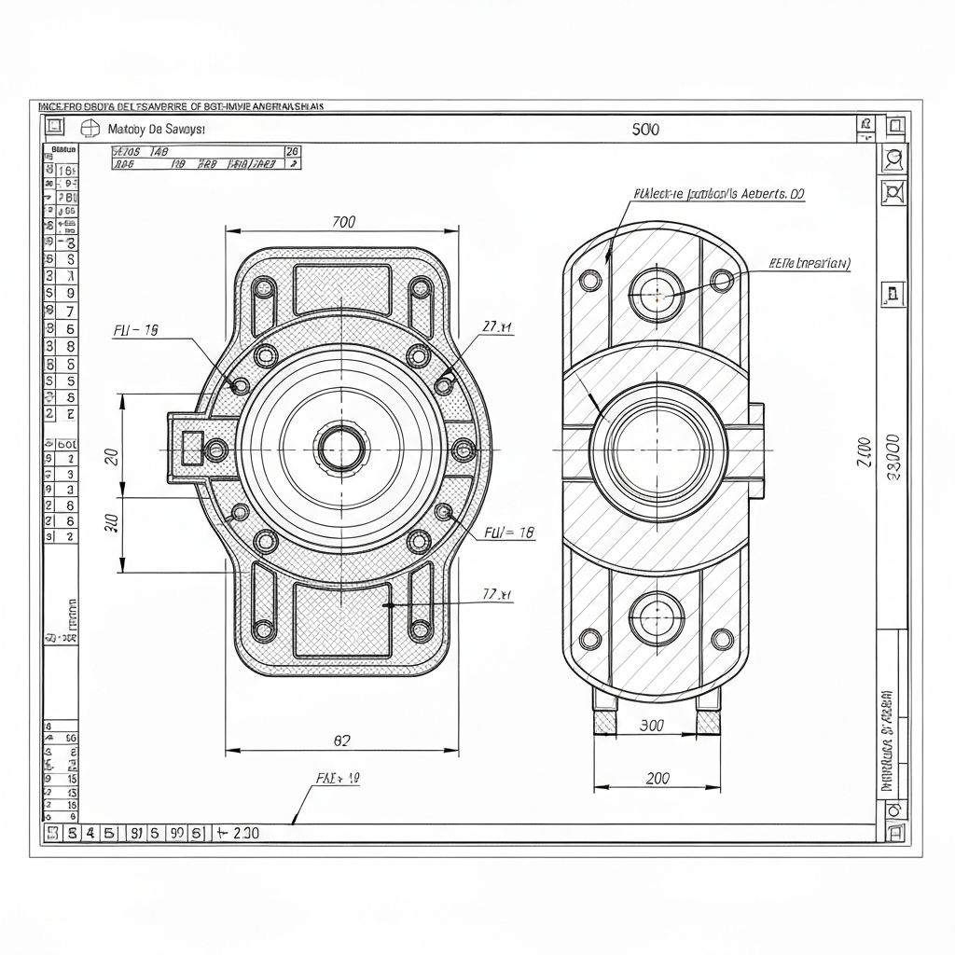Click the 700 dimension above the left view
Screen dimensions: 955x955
click(343, 222)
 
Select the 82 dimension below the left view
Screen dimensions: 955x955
click(342, 740)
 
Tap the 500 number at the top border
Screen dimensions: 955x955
click(644, 130)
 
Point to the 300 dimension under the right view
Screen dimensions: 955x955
click(652, 725)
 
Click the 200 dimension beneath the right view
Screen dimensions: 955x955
click(657, 778)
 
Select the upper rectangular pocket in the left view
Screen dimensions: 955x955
click(342, 289)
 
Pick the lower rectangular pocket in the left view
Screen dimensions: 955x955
click(342, 619)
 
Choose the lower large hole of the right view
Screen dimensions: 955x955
click(657, 617)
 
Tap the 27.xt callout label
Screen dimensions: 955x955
click(497, 326)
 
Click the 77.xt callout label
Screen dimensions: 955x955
click(497, 594)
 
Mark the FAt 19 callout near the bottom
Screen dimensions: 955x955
click(338, 777)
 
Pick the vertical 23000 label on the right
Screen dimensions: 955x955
click(892, 457)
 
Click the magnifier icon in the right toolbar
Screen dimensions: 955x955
click(893, 159)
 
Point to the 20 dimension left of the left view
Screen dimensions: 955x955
click(111, 456)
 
